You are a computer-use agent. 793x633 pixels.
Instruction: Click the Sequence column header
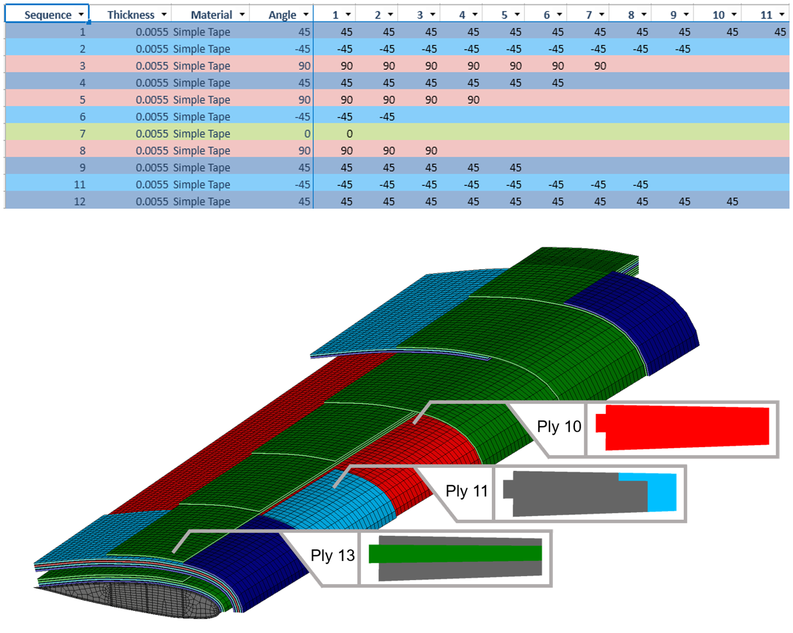(x=47, y=15)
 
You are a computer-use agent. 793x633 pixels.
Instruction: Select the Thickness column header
(x=130, y=15)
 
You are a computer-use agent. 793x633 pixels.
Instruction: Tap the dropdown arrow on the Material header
(x=242, y=15)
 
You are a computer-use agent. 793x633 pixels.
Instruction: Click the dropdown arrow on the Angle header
(x=306, y=15)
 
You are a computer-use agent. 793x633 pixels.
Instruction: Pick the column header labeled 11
(x=766, y=15)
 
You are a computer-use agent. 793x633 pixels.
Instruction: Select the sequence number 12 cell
(x=80, y=201)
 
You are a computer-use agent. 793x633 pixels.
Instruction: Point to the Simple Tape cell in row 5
(x=202, y=99)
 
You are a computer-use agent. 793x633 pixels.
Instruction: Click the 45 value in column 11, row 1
(x=780, y=32)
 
